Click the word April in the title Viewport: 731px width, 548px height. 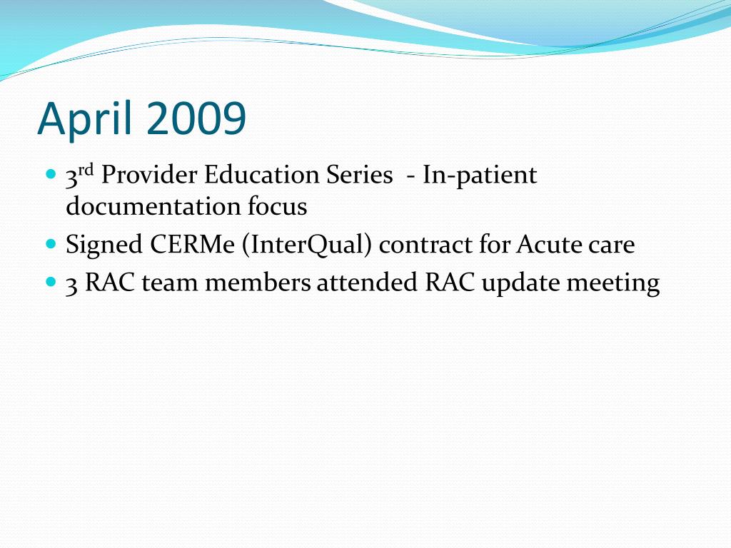pyautogui.click(x=85, y=119)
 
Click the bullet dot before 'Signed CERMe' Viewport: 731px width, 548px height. pyautogui.click(x=51, y=244)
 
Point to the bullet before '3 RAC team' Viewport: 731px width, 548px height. pyautogui.click(x=51, y=281)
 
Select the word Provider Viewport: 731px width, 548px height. pyautogui.click(x=149, y=175)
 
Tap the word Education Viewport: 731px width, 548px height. pyautogui.click(x=261, y=175)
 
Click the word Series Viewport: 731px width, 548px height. pyautogui.click(x=360, y=175)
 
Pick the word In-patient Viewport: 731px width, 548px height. pyautogui.click(x=480, y=176)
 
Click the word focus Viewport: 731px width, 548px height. pyautogui.click(x=278, y=206)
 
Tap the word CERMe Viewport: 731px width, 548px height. pyautogui.click(x=192, y=244)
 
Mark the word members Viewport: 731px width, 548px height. pyautogui.click(x=258, y=282)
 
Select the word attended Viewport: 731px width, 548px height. pyautogui.click(x=367, y=282)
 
